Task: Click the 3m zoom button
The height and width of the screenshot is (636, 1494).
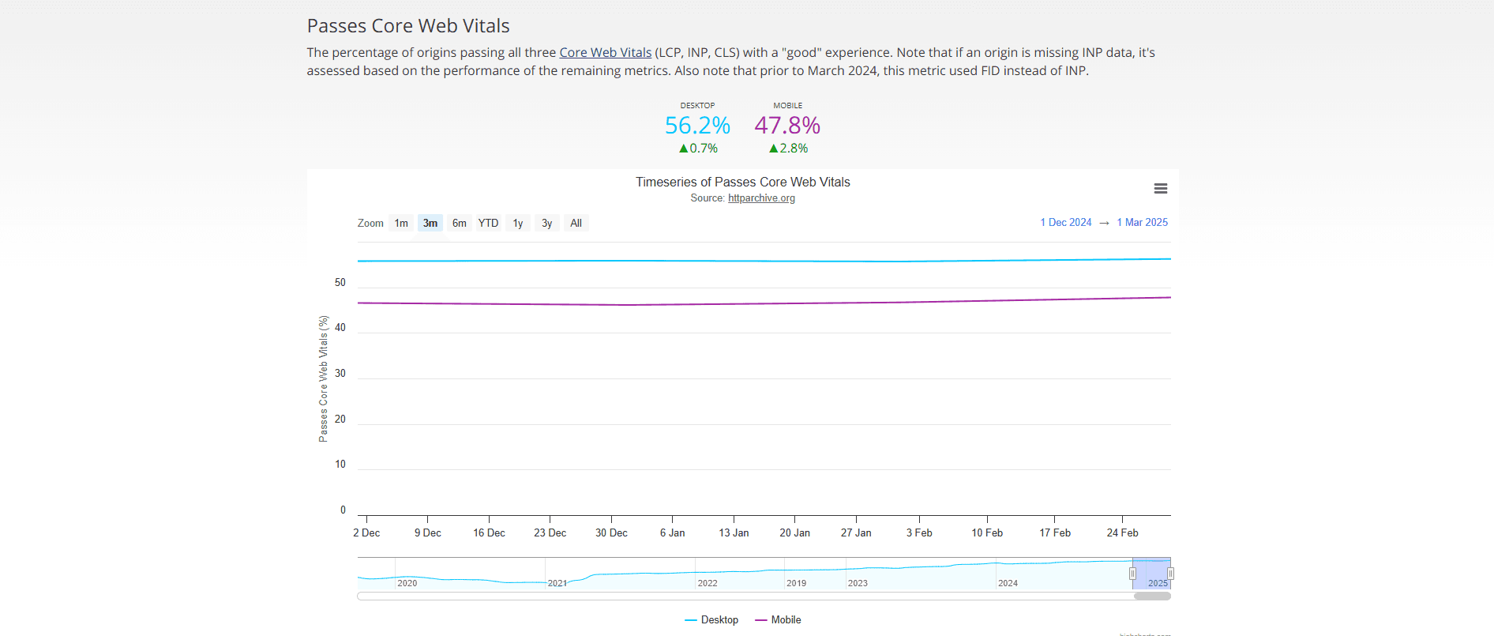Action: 430,224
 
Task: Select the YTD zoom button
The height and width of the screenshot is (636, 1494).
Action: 488,224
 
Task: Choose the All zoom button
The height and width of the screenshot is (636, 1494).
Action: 576,224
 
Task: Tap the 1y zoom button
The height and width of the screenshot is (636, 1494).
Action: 518,224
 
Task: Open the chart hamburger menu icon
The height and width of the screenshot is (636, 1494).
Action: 1160,189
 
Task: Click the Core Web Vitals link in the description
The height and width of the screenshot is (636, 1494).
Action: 605,53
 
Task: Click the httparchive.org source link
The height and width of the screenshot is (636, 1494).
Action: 761,198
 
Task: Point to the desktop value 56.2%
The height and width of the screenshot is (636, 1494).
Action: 697,126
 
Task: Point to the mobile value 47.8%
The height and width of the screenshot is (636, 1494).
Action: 787,126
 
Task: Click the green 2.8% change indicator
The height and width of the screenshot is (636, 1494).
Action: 788,149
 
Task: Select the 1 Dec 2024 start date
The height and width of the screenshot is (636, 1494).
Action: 1065,223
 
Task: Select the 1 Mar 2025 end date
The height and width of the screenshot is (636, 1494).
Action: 1142,223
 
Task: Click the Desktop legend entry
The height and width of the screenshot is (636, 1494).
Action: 712,620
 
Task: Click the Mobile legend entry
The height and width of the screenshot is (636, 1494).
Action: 779,620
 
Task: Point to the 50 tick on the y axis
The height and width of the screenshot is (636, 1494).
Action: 340,283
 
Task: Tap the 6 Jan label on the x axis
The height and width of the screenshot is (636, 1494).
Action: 672,533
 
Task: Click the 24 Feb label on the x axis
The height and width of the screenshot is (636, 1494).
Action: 1122,533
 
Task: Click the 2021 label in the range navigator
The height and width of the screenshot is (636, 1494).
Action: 557,583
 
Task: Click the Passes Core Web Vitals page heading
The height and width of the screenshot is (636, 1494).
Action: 408,26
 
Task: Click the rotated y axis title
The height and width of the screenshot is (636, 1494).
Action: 323,378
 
